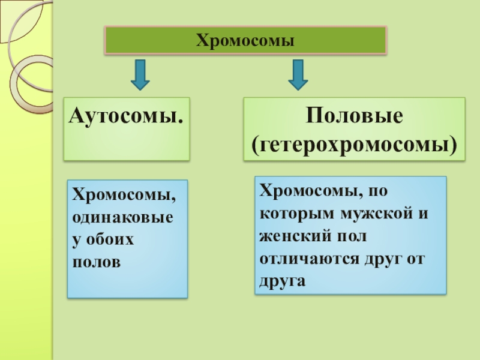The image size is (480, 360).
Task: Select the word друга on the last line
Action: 279,280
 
